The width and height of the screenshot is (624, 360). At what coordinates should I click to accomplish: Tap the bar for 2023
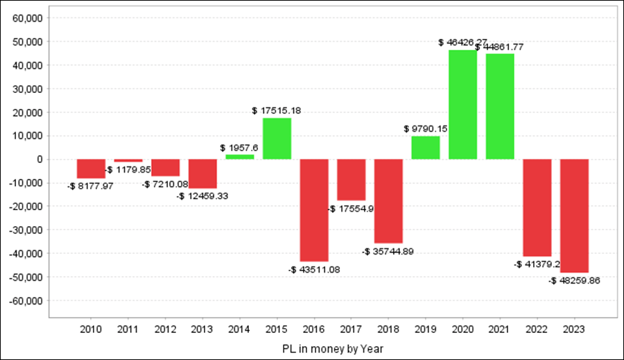[x=574, y=216]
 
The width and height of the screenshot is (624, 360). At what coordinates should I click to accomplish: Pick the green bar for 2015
[x=277, y=138]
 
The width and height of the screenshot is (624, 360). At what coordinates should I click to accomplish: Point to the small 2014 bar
[x=239, y=157]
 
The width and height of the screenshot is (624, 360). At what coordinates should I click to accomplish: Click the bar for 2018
[x=388, y=200]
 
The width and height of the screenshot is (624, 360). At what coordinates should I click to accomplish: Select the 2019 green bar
[x=426, y=148]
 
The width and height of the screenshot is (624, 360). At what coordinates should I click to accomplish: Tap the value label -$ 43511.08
[x=314, y=269]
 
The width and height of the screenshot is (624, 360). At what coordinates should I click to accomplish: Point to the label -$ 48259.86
[x=574, y=281]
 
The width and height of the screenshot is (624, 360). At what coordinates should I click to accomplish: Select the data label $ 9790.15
[x=426, y=128]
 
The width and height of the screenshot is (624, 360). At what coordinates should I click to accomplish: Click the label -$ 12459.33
[x=202, y=196]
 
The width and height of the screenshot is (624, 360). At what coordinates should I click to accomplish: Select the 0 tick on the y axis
[x=40, y=160]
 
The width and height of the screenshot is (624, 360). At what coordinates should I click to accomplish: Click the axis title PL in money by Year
[x=332, y=348]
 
